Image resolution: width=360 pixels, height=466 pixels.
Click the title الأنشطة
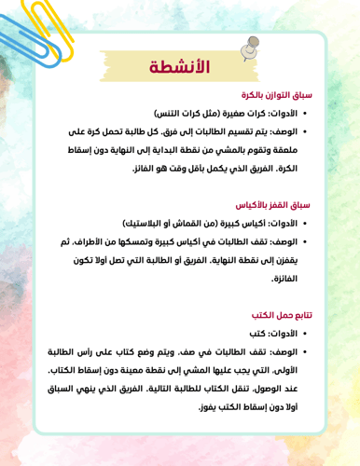point(180,67)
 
